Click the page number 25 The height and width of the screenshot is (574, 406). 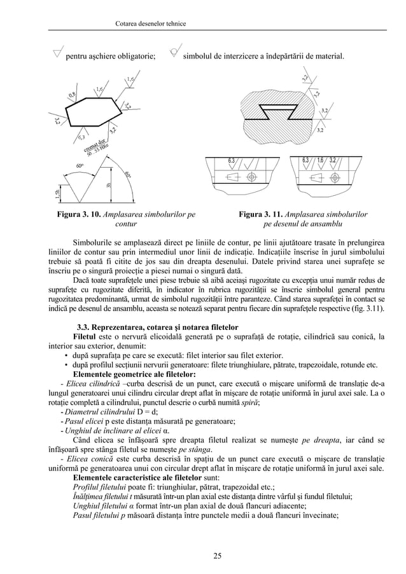click(x=217, y=557)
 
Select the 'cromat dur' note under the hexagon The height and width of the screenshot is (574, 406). click(x=90, y=144)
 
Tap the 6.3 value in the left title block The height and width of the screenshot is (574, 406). click(x=232, y=160)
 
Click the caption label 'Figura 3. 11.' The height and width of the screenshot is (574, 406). click(x=260, y=215)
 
